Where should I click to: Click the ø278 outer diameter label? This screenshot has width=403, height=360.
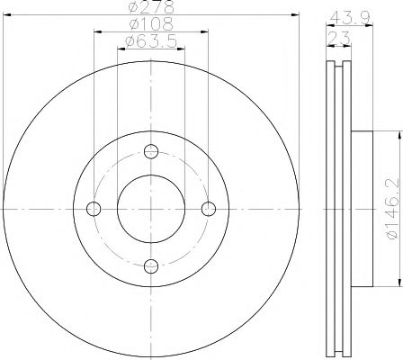[151, 7]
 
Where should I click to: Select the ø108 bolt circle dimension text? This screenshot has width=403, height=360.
[151, 24]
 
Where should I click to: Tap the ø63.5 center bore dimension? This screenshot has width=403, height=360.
[151, 41]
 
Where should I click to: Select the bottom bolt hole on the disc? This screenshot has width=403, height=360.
[151, 265]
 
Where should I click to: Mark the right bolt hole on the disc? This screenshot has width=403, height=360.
[209, 209]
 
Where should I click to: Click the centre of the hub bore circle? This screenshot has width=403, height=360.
[151, 209]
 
